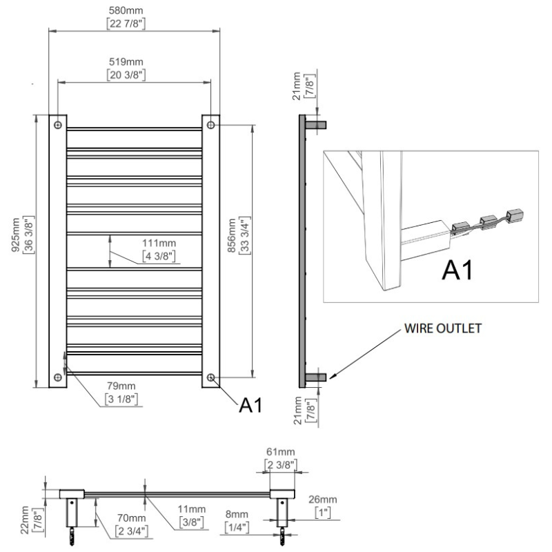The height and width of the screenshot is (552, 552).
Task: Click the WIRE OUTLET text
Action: tap(442, 328)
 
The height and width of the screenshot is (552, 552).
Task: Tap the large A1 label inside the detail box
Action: tap(457, 270)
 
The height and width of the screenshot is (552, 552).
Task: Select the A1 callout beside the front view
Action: tap(250, 405)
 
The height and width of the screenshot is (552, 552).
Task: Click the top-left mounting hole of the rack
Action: tap(58, 125)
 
